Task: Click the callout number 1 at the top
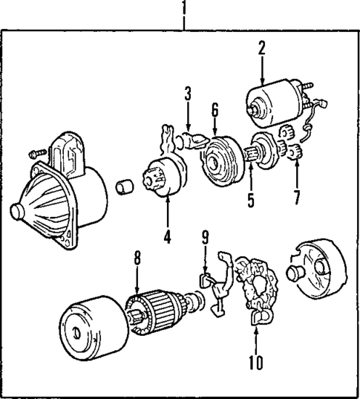[x=184, y=9]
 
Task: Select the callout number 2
[x=261, y=49]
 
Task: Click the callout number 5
[x=249, y=200]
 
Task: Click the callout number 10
[x=255, y=363]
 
